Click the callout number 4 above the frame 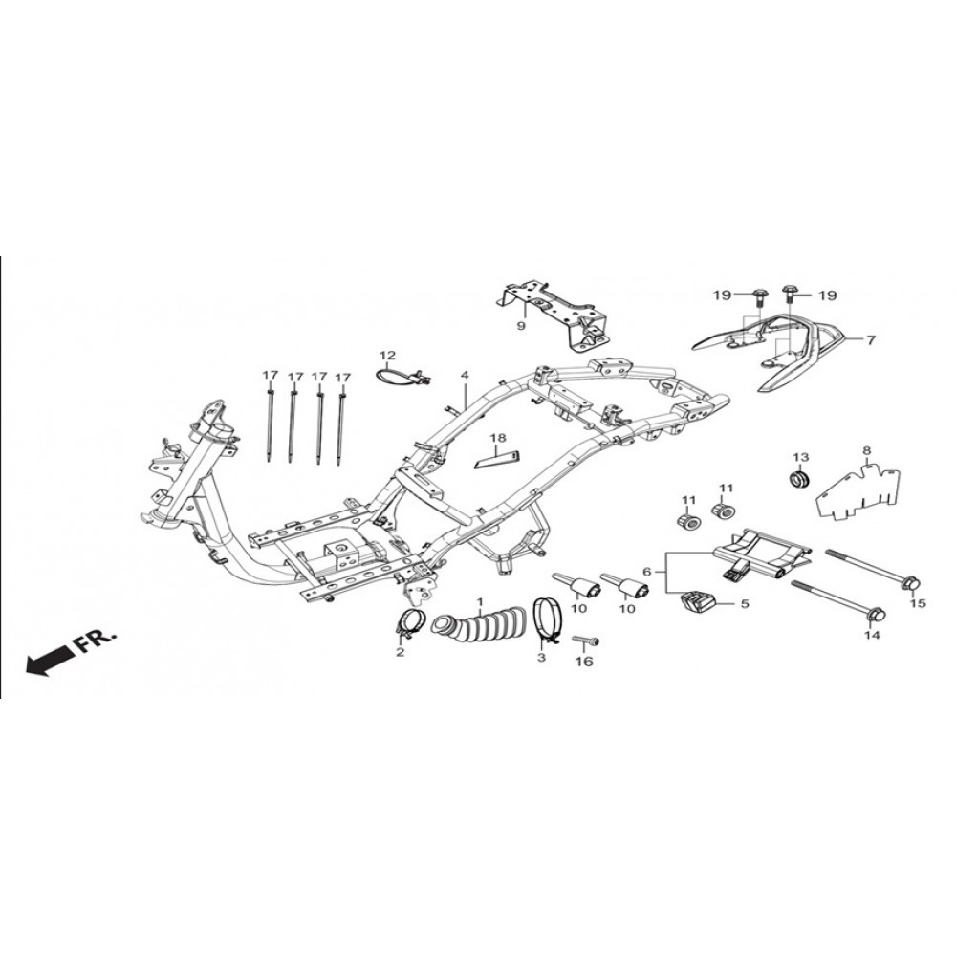[465, 375]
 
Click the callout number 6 [647, 572]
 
